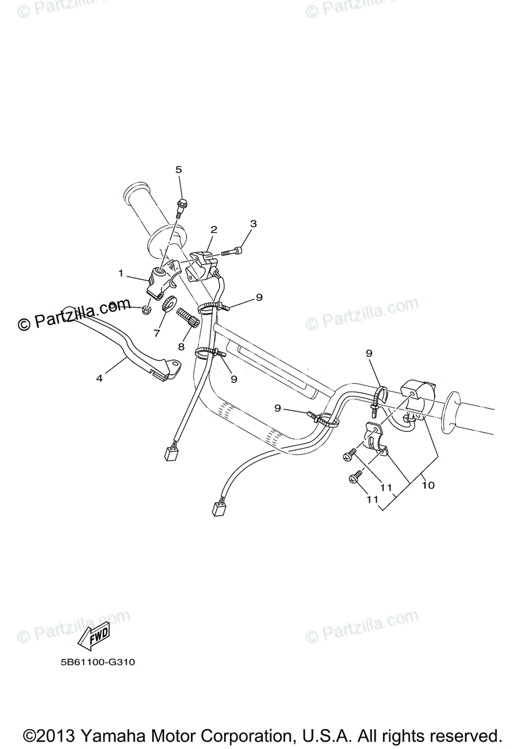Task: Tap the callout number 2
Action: tap(213, 230)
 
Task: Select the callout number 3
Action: tap(253, 223)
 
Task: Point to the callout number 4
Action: tap(99, 377)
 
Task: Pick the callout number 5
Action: tap(178, 169)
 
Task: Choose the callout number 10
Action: tap(427, 484)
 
